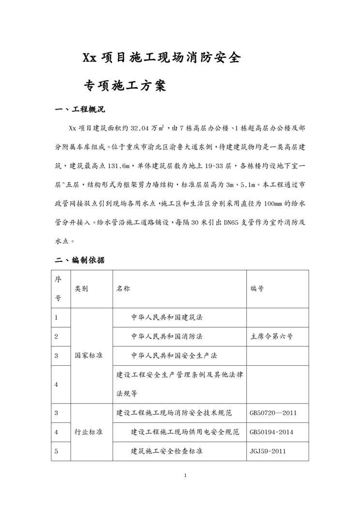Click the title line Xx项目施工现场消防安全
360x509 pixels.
[161, 58]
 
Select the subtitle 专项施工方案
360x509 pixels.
[125, 86]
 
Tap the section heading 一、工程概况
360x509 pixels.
[80, 109]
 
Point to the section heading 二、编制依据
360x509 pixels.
[80, 260]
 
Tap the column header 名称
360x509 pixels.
[123, 289]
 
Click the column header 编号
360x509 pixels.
[257, 289]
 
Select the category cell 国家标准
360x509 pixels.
[88, 356]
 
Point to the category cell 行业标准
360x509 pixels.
[88, 432]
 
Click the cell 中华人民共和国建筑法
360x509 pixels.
[166, 318]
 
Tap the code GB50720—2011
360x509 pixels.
[273, 413]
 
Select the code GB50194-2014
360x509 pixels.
[273, 432]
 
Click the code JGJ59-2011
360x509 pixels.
[268, 451]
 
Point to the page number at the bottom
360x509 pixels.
[185, 475]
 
